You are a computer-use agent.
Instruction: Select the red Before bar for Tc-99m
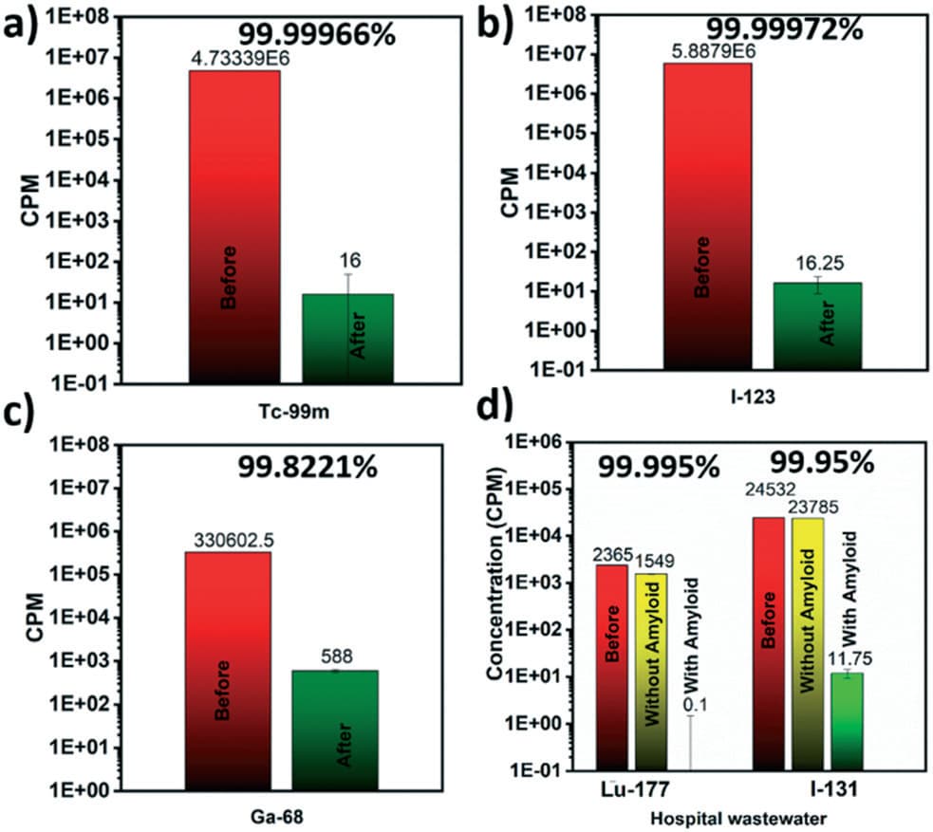tap(234, 228)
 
